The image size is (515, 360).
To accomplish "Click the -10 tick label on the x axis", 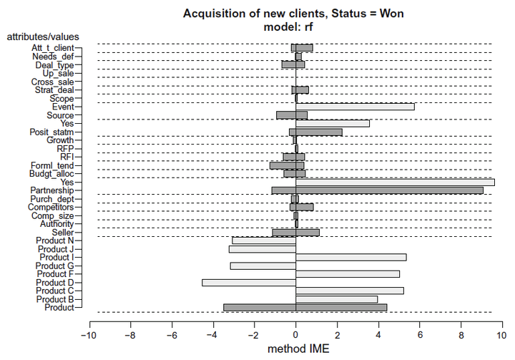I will (x=89, y=334).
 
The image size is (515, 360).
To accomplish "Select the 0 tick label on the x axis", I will (x=295, y=334).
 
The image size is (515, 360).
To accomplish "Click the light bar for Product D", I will (x=249, y=283).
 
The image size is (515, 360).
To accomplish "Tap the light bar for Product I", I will (x=350, y=257).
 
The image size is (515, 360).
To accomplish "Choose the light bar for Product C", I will (x=349, y=291).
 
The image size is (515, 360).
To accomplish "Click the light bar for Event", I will (x=355, y=107).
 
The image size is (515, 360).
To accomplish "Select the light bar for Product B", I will (x=336, y=299).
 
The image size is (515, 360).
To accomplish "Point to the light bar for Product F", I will (x=348, y=273).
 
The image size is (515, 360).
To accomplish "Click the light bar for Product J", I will (x=262, y=249).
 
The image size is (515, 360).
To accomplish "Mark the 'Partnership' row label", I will (x=51, y=190).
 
